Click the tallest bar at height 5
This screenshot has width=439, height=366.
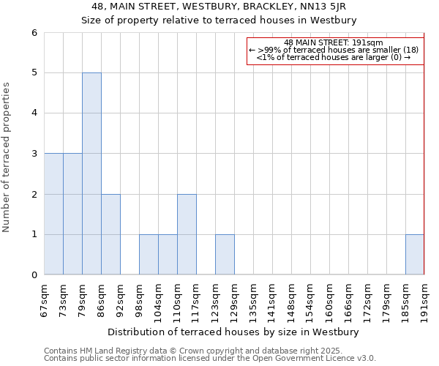point(91,173)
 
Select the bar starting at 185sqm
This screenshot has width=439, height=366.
point(415,255)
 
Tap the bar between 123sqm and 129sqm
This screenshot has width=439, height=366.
point(225,255)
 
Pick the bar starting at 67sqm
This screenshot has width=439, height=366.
point(53,214)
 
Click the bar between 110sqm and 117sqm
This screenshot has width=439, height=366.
point(187,234)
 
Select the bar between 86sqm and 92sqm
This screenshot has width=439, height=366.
point(110,234)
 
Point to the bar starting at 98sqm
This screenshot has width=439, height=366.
point(149,255)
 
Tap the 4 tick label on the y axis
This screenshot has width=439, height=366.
point(34,113)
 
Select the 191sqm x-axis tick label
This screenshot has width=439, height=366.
point(424,301)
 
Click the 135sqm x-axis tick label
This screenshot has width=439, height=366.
point(253,301)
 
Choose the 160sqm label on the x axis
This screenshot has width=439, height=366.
point(329,301)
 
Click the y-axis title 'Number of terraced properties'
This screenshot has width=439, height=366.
point(7,157)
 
